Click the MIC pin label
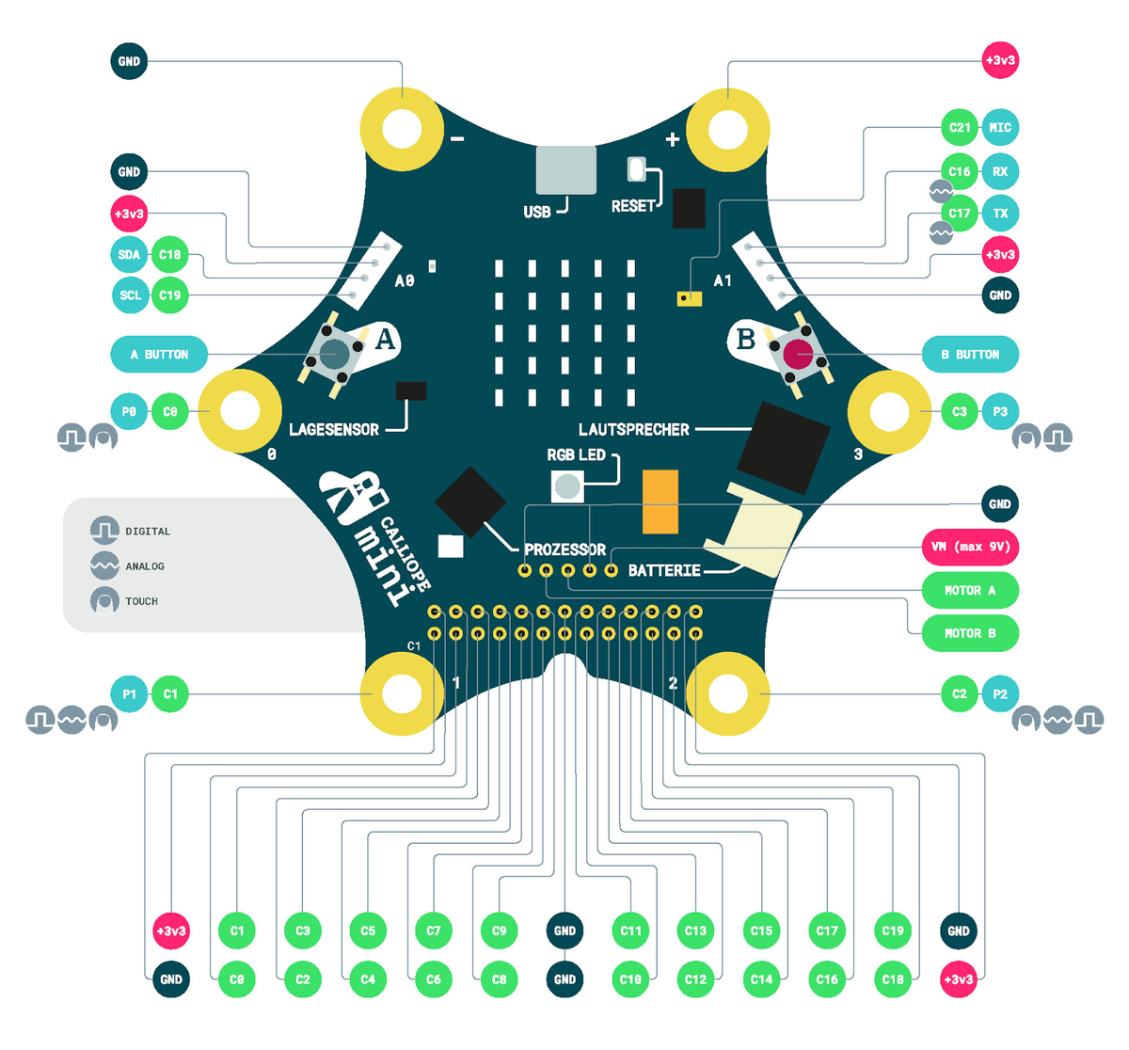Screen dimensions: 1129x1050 click(1000, 127)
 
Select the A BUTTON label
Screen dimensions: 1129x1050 click(159, 355)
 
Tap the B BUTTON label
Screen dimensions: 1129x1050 click(970, 355)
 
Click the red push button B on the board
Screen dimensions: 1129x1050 click(798, 354)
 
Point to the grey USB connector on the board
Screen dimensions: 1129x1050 click(566, 170)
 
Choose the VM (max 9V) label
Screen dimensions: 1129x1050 click(970, 547)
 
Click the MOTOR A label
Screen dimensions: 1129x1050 click(970, 590)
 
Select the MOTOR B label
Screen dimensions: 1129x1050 click(970, 633)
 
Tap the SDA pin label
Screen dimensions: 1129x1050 click(129, 255)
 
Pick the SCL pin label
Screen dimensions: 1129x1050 click(130, 295)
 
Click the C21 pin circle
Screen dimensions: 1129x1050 click(960, 127)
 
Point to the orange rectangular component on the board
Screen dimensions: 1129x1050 click(660, 502)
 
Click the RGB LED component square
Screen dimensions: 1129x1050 click(567, 486)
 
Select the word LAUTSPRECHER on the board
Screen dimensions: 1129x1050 click(634, 430)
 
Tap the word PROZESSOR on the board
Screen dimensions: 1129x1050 click(565, 549)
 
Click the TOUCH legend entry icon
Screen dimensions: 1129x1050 click(104, 601)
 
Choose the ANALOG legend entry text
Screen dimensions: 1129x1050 click(145, 566)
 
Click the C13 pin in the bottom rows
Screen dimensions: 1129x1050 click(695, 931)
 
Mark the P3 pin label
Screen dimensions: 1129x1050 click(1000, 411)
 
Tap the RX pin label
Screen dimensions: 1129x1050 click(1000, 171)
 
